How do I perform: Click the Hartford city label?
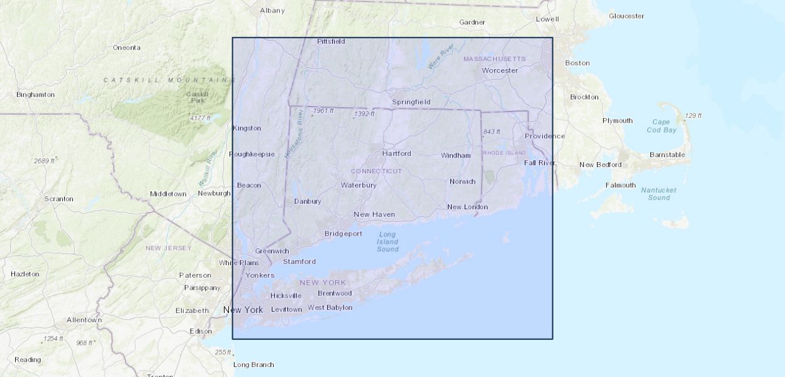(396, 153)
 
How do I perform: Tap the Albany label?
(272, 10)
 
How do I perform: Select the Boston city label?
(577, 63)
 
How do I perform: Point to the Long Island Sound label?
(387, 242)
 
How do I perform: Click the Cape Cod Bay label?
(661, 126)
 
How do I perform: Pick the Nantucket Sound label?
(659, 194)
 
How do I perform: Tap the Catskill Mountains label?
(169, 80)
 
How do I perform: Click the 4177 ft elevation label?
(200, 117)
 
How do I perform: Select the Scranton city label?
(58, 199)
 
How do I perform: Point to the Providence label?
(544, 136)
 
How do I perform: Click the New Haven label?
(374, 214)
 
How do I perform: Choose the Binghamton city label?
(35, 94)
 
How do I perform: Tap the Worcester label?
(499, 70)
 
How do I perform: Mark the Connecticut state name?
(376, 171)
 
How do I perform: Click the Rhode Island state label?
(504, 153)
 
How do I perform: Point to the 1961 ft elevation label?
(323, 111)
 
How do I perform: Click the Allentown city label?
(84, 320)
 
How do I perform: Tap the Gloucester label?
(626, 16)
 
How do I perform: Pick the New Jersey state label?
(169, 248)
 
